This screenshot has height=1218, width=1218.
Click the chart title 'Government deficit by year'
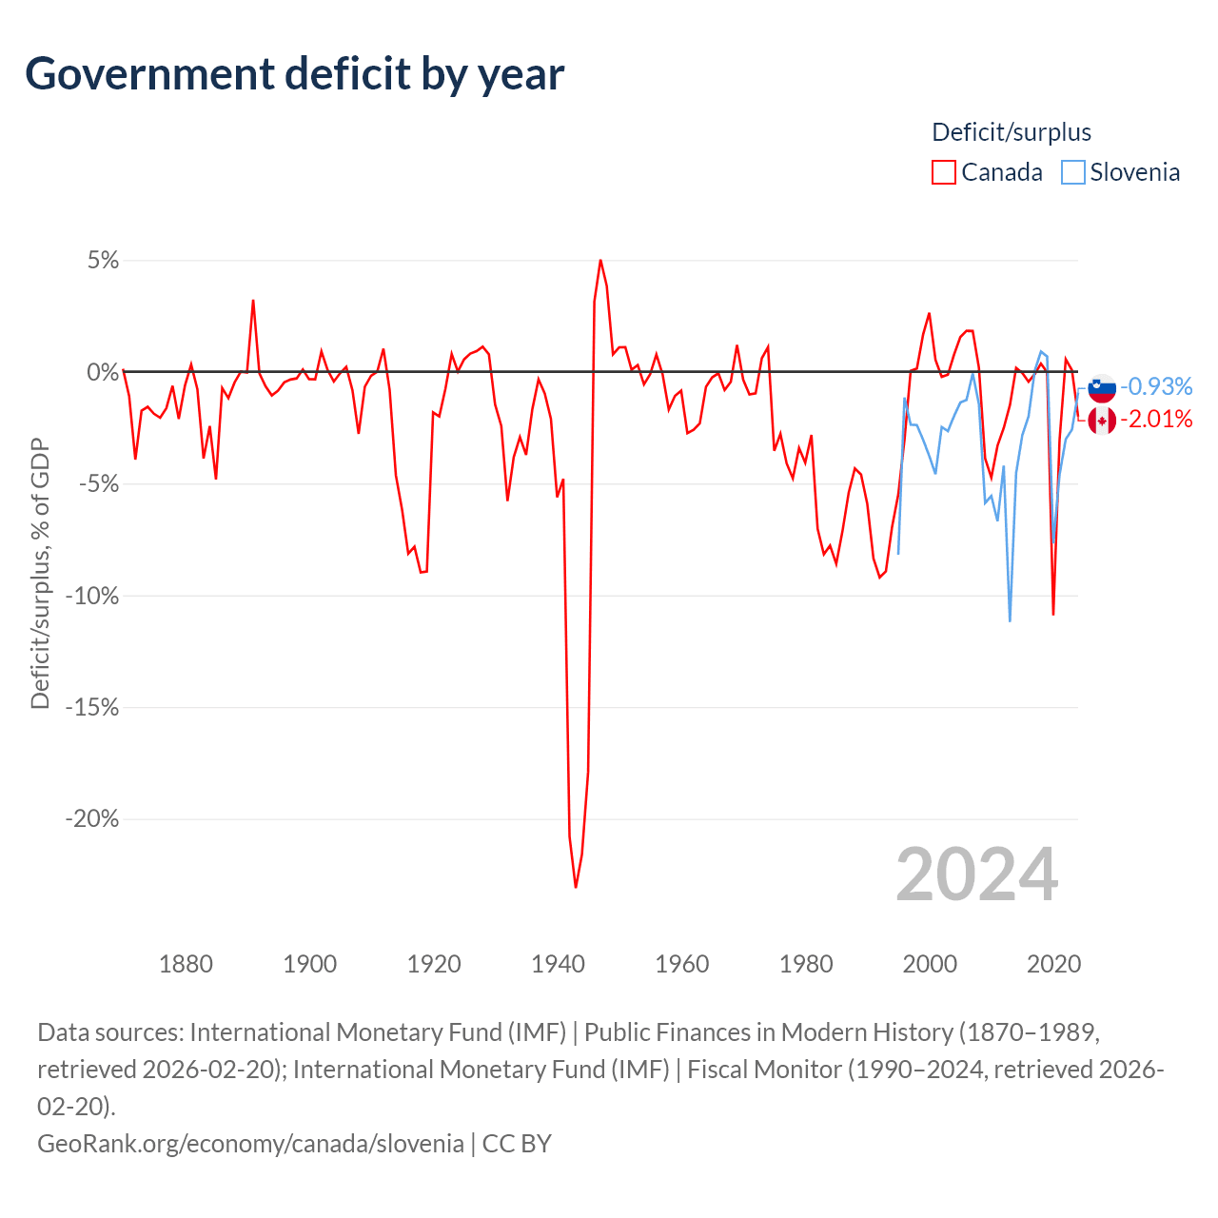click(295, 74)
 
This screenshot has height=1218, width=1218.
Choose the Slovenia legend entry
click(1121, 172)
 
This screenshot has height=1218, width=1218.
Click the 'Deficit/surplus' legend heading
click(1012, 132)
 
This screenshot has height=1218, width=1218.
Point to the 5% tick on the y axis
click(103, 261)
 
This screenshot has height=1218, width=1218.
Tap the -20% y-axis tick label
click(92, 819)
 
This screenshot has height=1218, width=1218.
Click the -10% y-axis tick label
click(92, 597)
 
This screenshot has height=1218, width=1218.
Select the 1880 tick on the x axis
click(186, 964)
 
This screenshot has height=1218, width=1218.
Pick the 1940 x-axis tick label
click(558, 964)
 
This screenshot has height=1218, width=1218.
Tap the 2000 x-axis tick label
click(930, 964)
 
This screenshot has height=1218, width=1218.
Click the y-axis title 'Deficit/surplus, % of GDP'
click(40, 574)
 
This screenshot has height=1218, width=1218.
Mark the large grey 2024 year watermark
click(976, 874)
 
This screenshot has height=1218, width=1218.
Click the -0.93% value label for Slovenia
click(1156, 386)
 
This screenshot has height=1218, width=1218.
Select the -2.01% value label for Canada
click(1156, 419)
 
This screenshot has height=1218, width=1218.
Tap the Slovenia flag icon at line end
click(1102, 386)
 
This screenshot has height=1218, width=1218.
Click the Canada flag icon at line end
click(1102, 420)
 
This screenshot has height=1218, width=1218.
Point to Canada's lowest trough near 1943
click(576, 887)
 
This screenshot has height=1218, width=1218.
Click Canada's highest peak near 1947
click(600, 260)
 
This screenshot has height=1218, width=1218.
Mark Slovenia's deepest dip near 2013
click(1010, 620)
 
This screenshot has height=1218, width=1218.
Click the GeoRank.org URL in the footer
click(250, 1143)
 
